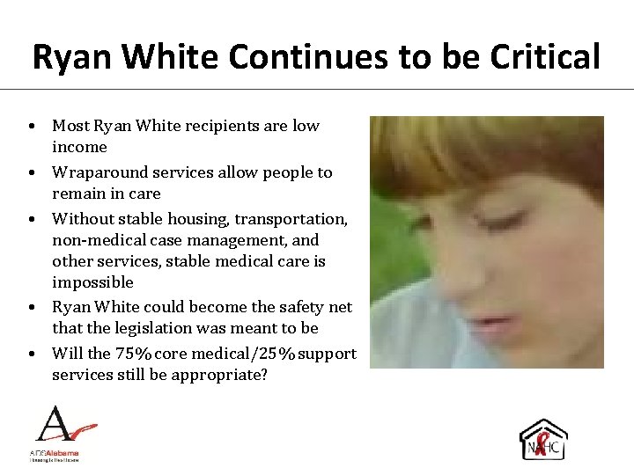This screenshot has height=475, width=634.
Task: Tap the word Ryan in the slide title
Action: coord(74,57)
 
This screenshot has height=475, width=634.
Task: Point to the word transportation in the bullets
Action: coord(294,218)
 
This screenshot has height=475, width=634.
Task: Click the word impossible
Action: coord(92,282)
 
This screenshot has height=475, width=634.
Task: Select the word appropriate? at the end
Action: coord(224,375)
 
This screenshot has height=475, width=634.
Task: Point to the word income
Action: coord(79,147)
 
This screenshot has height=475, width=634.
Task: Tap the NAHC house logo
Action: coord(543,440)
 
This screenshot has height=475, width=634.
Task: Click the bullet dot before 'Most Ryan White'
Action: coord(31,127)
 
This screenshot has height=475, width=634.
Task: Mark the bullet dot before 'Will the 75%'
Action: coord(31,354)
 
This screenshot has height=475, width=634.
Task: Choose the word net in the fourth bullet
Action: coord(340,307)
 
